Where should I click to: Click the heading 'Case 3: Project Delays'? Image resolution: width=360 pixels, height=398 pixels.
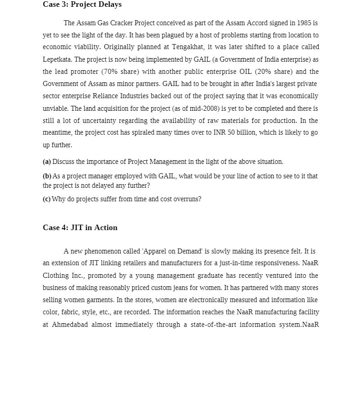pyautogui.click(x=82, y=5)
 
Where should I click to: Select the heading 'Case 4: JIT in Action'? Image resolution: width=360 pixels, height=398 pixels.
pyautogui.click(x=80, y=227)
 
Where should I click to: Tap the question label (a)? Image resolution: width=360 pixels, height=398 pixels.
pyautogui.click(x=47, y=162)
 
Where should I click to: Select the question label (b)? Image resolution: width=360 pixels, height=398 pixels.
pyautogui.click(x=47, y=176)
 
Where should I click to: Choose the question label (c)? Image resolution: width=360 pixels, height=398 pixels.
pyautogui.click(x=46, y=199)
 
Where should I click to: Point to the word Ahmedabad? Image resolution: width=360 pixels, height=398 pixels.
pyautogui.click(x=69, y=325)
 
